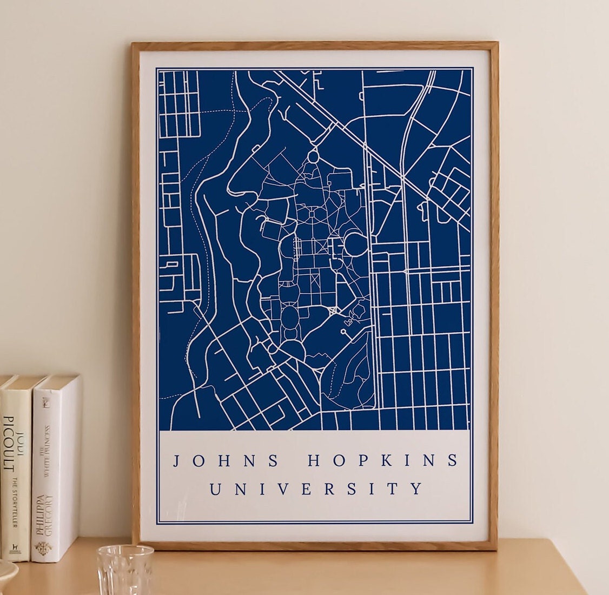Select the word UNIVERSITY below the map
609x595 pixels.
tap(316, 489)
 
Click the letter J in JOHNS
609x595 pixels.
tap(176, 461)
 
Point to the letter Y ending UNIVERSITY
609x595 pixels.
tap(417, 489)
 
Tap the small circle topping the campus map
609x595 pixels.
tap(313, 158)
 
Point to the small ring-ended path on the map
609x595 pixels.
tap(343, 331)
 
